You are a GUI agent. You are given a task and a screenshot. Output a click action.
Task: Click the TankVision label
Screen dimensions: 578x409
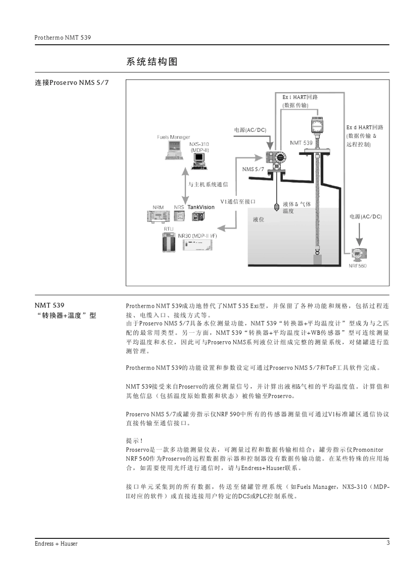coord(201,207)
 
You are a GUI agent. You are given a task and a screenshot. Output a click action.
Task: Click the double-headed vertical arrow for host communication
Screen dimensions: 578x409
coord(185,186)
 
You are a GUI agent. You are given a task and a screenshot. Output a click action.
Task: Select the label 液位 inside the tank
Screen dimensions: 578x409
coord(258,219)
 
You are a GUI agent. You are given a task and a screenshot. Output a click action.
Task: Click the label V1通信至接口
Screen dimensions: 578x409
coord(238,201)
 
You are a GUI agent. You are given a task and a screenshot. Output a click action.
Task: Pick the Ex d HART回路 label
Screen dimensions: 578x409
coord(364,127)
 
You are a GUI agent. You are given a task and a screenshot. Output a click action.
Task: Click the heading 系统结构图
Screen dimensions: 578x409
coord(152,62)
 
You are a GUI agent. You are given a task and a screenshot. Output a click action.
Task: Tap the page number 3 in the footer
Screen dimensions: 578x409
coord(388,543)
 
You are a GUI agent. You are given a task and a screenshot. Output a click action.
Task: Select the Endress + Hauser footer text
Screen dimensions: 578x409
coord(56,544)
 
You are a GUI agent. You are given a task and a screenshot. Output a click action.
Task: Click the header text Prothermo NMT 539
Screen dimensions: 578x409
coord(63,37)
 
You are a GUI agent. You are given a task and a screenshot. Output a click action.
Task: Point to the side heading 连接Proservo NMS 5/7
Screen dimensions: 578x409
coord(72,82)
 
